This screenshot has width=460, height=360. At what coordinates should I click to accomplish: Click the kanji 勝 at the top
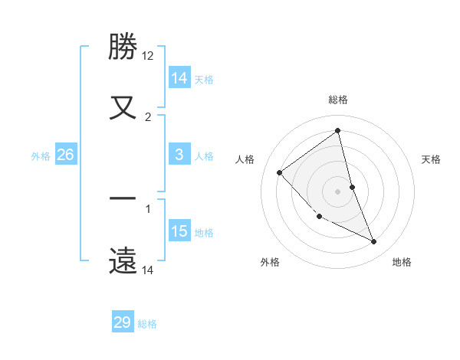(x=123, y=47)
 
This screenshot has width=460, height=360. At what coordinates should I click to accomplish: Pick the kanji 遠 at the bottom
(x=123, y=260)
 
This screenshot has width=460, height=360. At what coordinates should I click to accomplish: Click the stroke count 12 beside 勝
(x=148, y=55)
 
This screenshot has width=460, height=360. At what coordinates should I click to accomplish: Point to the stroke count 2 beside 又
(x=148, y=116)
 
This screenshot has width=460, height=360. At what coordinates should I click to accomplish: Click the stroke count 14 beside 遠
(x=148, y=270)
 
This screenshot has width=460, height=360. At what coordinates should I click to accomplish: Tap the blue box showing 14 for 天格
(x=179, y=78)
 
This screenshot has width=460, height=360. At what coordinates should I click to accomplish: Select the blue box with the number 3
(x=179, y=155)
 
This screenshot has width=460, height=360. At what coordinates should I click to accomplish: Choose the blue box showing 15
(x=179, y=231)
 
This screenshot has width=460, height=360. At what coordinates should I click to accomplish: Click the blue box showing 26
(x=65, y=155)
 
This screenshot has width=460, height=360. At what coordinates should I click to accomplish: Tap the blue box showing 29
(x=123, y=322)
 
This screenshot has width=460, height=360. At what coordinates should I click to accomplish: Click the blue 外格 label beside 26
(x=41, y=156)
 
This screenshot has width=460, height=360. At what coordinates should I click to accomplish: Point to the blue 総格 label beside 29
(x=147, y=324)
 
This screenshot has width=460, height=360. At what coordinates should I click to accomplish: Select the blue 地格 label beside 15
(x=204, y=233)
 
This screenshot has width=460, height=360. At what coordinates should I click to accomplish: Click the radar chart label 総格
(x=338, y=100)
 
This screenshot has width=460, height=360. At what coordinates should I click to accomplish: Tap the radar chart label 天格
(x=432, y=159)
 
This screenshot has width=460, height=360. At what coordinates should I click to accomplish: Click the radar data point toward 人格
(x=280, y=172)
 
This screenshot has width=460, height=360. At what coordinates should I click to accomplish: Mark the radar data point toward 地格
(x=374, y=242)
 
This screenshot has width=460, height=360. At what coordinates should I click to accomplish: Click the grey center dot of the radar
(x=338, y=191)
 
